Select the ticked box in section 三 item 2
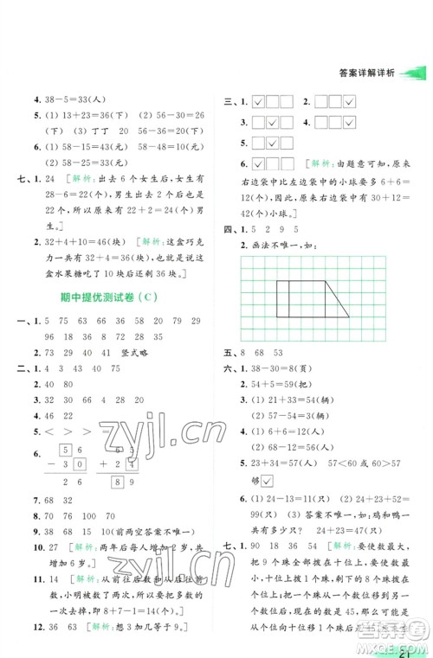click(x=350, y=102)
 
